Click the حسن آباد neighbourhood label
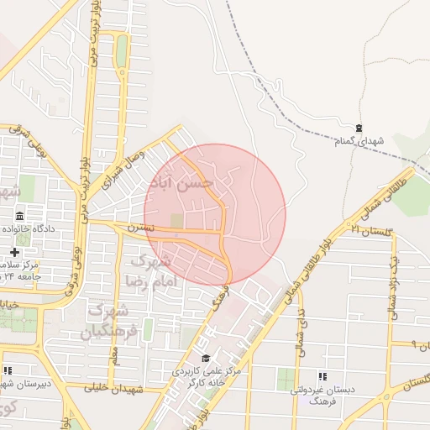181,182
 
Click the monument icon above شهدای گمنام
359,128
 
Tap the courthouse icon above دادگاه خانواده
19,216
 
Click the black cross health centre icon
14,252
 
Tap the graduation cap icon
206,359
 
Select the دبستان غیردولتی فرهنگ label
324,396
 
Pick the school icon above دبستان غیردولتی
323,376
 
